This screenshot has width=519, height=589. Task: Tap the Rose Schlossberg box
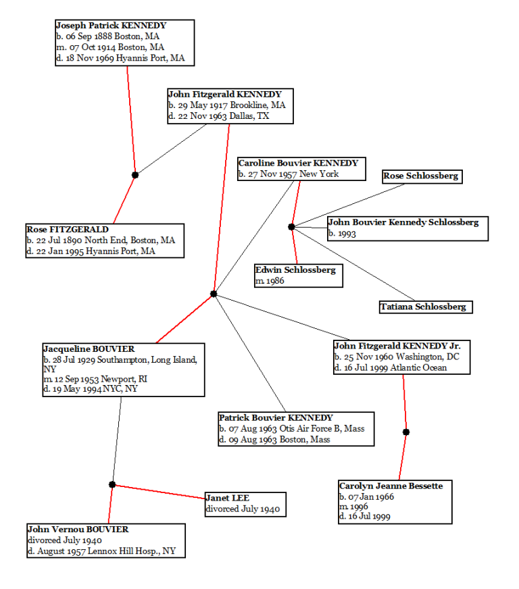[421, 176]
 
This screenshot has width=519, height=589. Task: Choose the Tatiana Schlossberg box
[424, 307]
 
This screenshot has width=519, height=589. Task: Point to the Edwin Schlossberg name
[295, 270]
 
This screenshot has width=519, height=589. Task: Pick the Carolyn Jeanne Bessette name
[391, 486]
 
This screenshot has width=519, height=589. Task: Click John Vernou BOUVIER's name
[78, 530]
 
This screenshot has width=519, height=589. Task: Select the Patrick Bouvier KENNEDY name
[276, 418]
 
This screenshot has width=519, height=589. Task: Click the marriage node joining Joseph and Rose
[135, 175]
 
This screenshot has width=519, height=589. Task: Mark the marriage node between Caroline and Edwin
[291, 227]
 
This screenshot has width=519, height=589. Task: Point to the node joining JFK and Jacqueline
[214, 294]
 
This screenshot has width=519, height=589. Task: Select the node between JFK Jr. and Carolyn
[406, 432]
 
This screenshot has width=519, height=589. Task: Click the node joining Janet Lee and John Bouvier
[112, 485]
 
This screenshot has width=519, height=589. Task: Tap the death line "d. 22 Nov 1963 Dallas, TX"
[219, 116]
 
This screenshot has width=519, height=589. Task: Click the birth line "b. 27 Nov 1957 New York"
[289, 174]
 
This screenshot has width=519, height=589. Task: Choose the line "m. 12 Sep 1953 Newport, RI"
[95, 380]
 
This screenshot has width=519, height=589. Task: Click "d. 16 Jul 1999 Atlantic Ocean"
[391, 368]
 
